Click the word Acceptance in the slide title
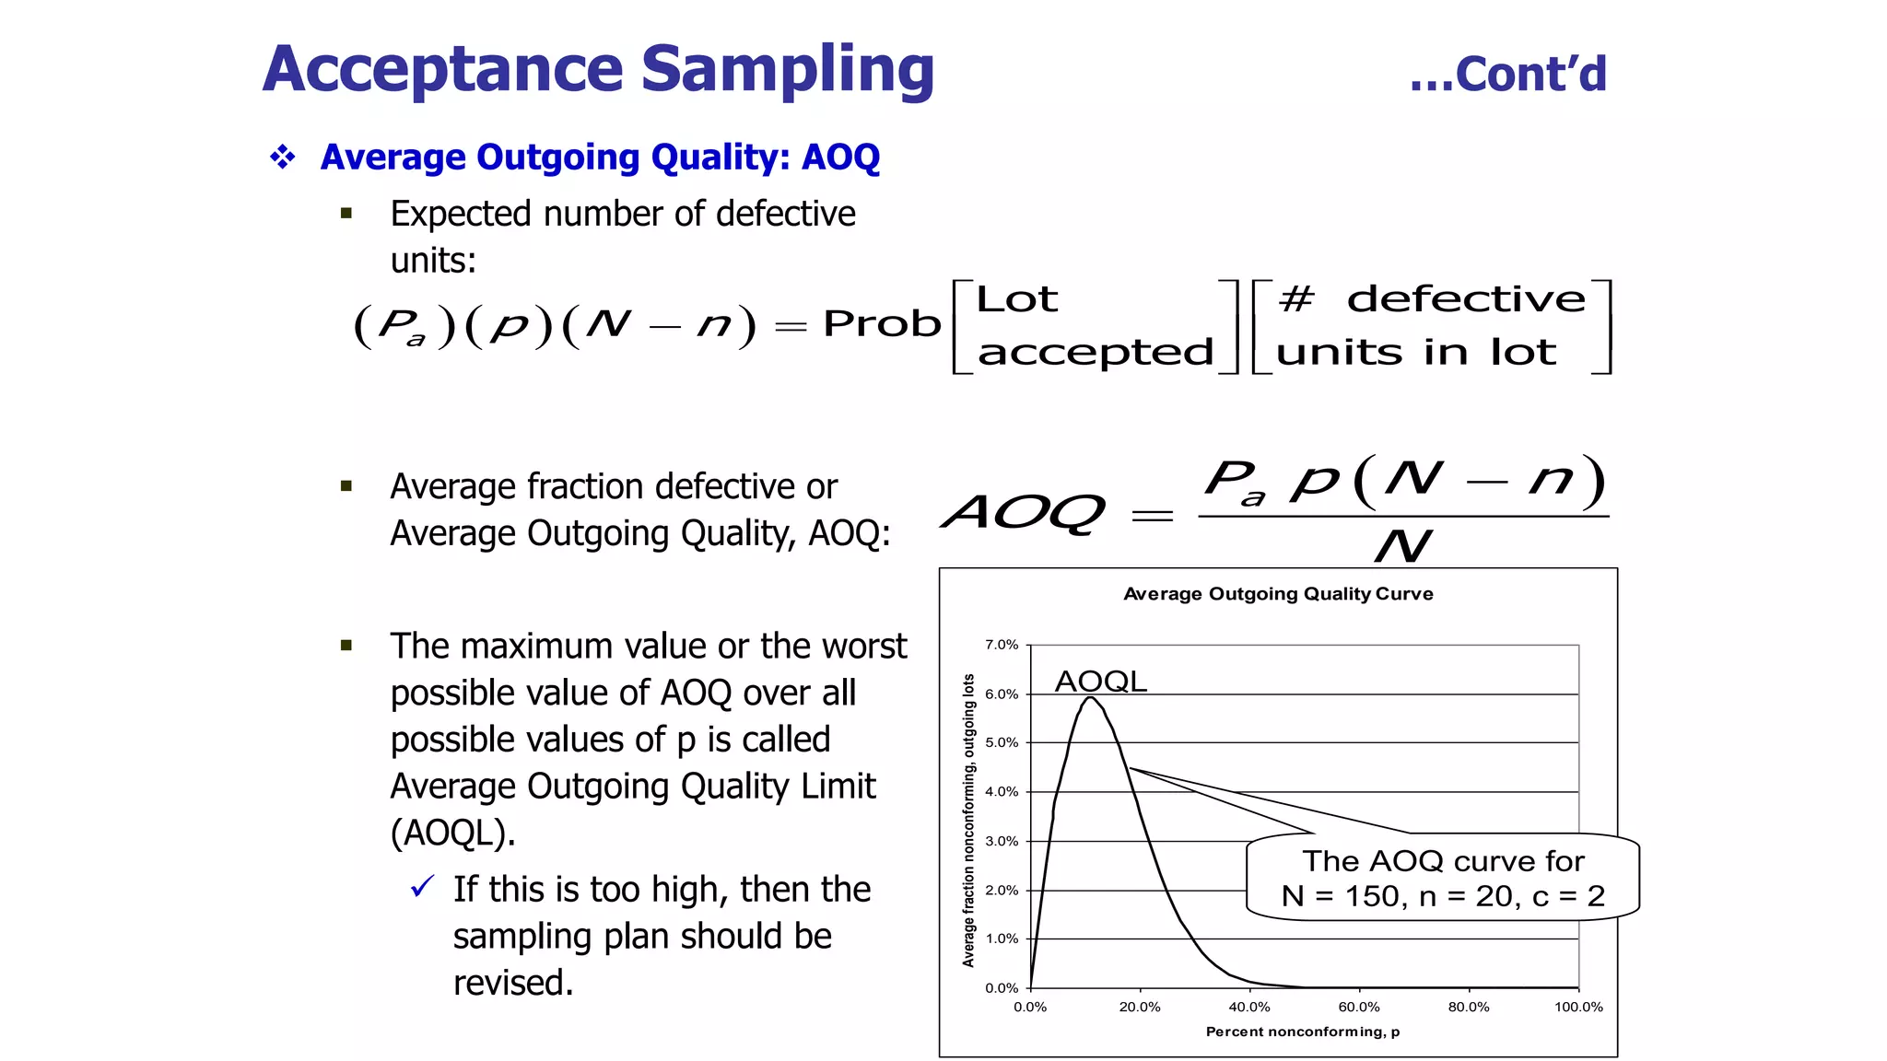click(x=443, y=70)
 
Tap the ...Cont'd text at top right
click(x=1507, y=75)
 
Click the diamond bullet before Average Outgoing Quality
click(x=283, y=157)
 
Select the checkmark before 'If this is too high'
click(x=422, y=887)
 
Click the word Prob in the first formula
click(x=882, y=324)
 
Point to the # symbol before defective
click(x=1296, y=298)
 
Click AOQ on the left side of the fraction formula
click(x=1023, y=512)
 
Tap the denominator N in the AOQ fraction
click(x=1402, y=546)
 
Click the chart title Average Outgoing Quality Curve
click(x=1278, y=594)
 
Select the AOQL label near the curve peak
click(x=1100, y=682)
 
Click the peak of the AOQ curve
click(x=1090, y=698)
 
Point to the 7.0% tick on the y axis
click(x=1002, y=645)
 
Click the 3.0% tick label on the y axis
click(x=1002, y=841)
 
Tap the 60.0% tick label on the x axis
click(x=1359, y=1008)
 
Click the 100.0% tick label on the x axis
click(x=1578, y=1008)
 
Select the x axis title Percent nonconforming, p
click(x=1302, y=1032)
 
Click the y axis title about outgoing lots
click(x=968, y=820)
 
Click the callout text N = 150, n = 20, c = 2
click(x=1443, y=896)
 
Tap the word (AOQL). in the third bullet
click(x=452, y=834)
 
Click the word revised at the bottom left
click(x=512, y=983)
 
